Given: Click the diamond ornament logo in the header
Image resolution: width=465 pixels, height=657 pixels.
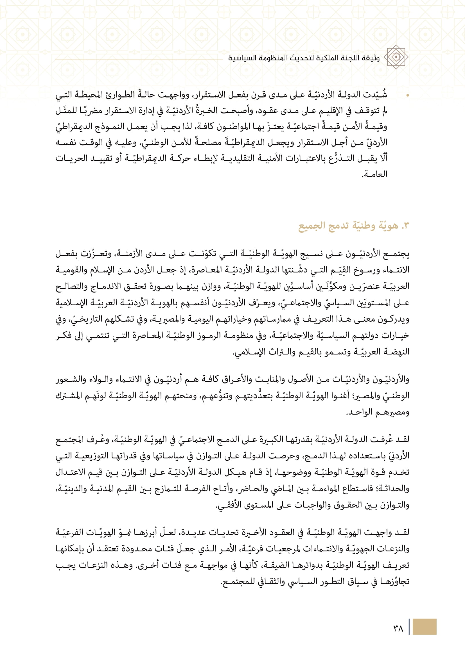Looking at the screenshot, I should click(x=396, y=57).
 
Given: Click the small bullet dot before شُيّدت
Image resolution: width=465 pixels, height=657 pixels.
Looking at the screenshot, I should click(x=407, y=95).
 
